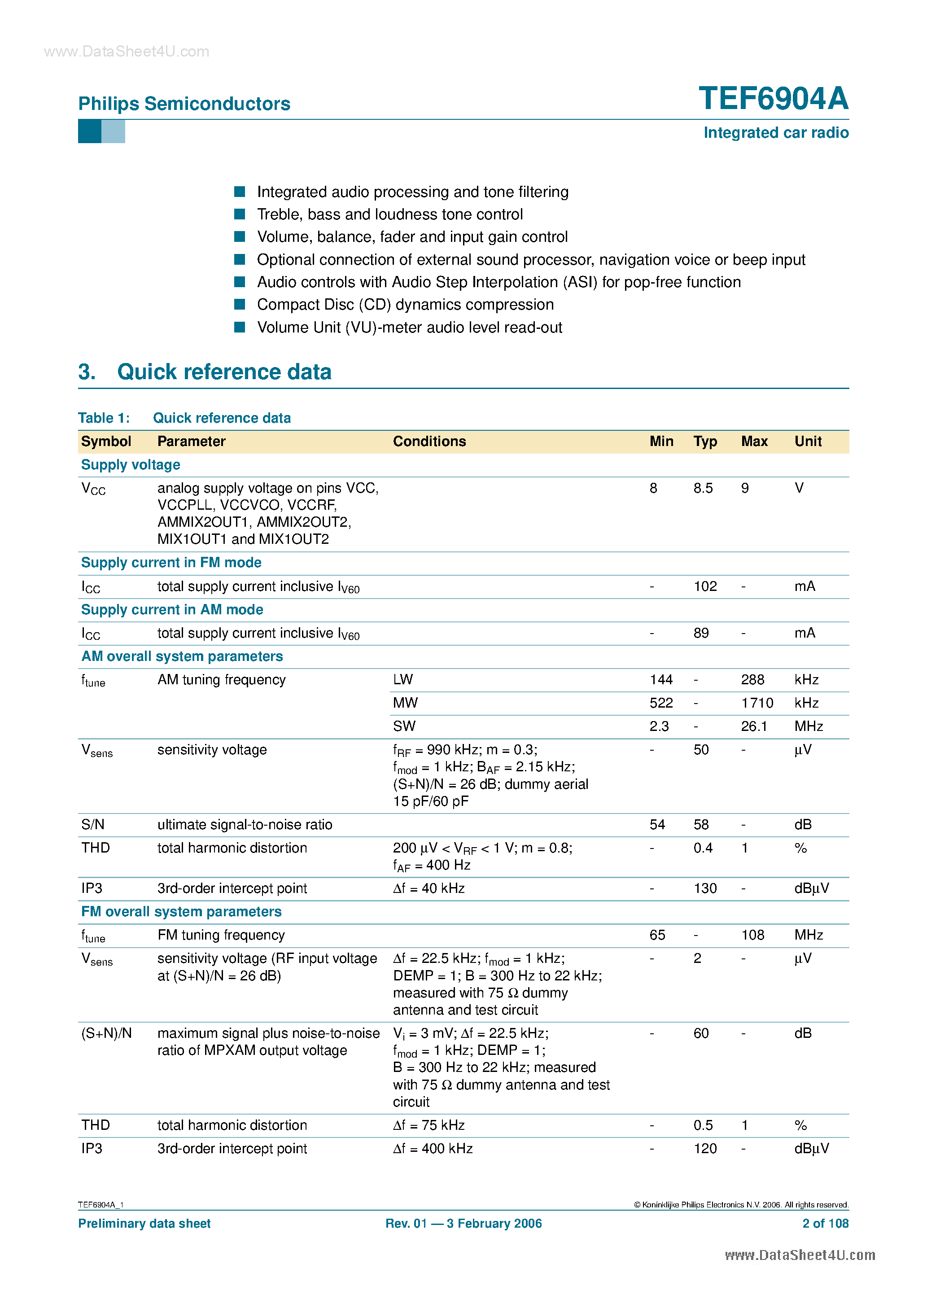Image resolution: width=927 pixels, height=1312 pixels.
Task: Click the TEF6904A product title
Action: coord(773,98)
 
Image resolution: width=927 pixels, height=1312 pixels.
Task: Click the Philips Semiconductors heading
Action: coord(184,104)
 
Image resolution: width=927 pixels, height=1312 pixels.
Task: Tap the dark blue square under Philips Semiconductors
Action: coord(89,131)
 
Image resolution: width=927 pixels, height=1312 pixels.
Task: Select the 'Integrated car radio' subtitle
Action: coord(775,132)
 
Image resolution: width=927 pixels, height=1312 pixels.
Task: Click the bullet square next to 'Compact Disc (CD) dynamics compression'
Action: coord(240,304)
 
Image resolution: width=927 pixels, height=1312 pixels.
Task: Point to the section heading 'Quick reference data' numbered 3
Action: coord(224,372)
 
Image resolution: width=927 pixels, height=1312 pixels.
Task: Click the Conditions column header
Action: coord(429,441)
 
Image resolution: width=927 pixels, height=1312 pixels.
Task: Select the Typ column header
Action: coord(705,441)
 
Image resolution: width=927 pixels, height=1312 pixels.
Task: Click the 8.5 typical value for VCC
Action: coord(703,488)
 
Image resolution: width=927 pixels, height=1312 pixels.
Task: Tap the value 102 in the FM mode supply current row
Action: coord(705,586)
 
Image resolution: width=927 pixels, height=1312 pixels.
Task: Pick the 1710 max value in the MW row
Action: coord(756,703)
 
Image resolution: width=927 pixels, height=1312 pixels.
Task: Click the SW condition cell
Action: coord(404,726)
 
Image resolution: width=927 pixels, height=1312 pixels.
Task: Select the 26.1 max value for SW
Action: coord(754,726)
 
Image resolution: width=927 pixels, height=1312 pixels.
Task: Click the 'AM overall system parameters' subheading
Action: coord(182,656)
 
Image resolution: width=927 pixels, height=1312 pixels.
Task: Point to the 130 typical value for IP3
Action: coord(705,888)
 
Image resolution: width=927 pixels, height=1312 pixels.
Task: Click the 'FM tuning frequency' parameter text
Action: coord(221,935)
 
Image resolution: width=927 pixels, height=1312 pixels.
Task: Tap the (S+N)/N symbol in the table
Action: coord(106,1033)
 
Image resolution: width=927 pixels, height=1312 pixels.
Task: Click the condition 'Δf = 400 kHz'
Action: coord(433,1149)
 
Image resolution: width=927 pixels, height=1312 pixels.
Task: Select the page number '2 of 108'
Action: coord(825,1224)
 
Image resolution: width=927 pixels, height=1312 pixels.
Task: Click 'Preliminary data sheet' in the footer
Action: coord(144,1224)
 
